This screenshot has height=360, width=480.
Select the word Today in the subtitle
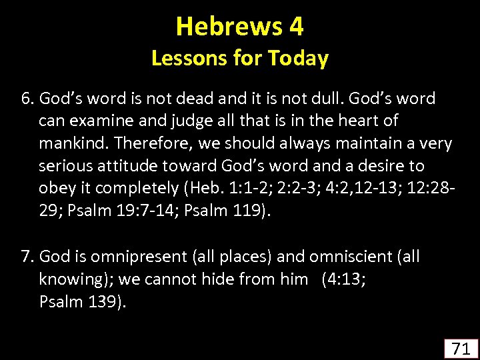[x=297, y=59]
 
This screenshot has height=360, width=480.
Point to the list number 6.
[x=27, y=99]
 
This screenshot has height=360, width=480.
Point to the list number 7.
[x=27, y=257]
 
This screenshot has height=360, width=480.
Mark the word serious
[x=64, y=165]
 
